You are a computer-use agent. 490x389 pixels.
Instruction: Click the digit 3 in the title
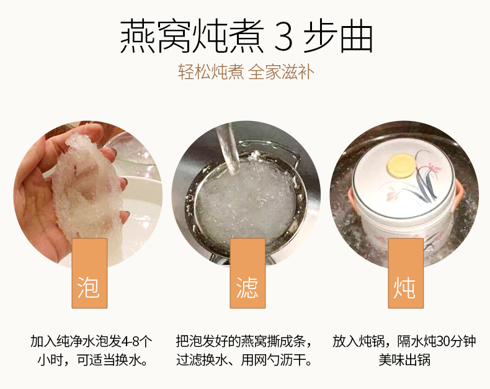tap(283, 37)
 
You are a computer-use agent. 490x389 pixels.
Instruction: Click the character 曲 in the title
tap(357, 36)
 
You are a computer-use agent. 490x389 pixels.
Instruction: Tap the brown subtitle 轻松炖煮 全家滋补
tap(246, 72)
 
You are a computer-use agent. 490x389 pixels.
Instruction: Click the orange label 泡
tap(89, 274)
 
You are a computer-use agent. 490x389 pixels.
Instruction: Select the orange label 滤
tap(247, 274)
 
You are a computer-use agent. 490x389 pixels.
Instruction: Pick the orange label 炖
tap(406, 274)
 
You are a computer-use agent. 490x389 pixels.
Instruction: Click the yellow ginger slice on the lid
tap(401, 165)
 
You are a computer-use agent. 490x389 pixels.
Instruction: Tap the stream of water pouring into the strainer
tap(227, 148)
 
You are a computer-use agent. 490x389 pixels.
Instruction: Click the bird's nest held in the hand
tap(87, 187)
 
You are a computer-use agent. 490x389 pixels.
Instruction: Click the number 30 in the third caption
tap(442, 341)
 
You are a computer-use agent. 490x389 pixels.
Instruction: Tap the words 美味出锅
tap(404, 360)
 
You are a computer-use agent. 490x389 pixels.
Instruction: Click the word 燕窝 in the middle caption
tap(254, 341)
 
